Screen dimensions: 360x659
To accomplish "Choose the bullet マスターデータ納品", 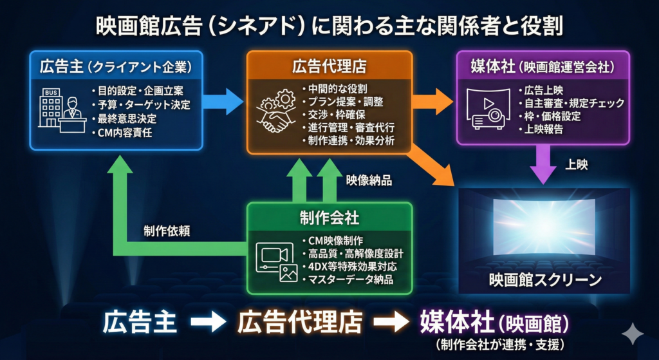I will pos(350,280).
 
